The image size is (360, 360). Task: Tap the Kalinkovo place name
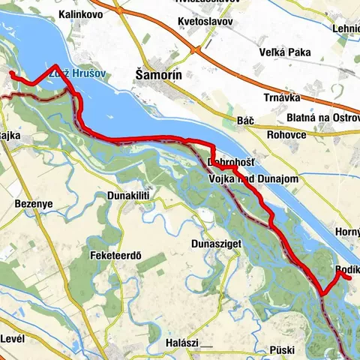[82, 14]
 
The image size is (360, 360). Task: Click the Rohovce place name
[285, 135]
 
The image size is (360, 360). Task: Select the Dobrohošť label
[230, 162]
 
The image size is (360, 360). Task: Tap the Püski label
[284, 350]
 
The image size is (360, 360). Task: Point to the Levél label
[13, 338]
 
